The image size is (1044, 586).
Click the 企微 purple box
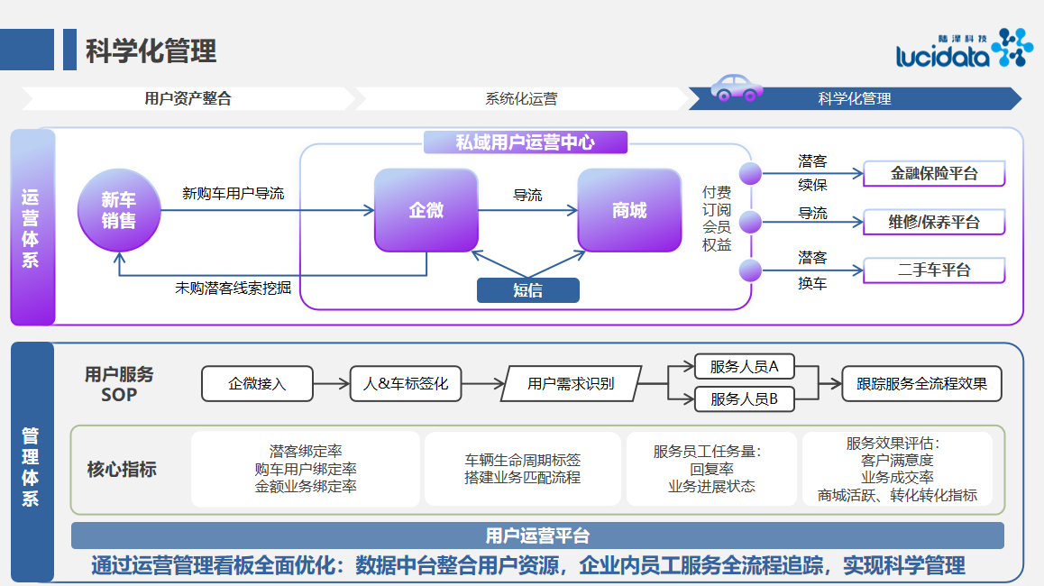click(426, 210)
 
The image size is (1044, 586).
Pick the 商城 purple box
click(629, 210)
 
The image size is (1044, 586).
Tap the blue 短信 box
click(527, 289)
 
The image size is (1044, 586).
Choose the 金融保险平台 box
click(934, 173)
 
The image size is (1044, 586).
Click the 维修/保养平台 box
click(934, 222)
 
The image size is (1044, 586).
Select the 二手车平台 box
click(934, 270)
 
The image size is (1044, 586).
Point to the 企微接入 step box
click(257, 383)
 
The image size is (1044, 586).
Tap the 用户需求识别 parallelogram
click(571, 383)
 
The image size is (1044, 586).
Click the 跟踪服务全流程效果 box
click(921, 383)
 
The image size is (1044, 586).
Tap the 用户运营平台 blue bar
click(537, 536)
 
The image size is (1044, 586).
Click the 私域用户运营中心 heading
click(525, 142)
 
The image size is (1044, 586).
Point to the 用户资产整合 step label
click(188, 99)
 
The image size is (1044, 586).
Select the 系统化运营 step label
click(521, 99)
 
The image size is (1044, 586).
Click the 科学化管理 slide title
click(151, 50)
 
